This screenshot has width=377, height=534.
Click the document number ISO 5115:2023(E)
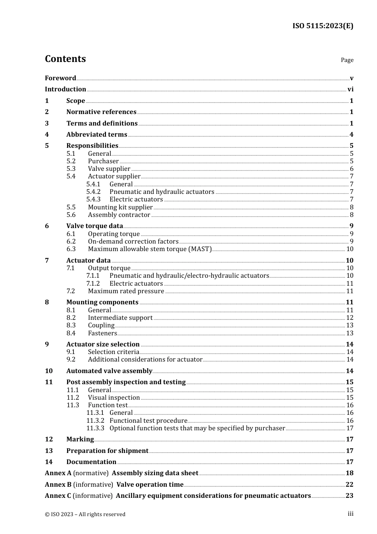click(323, 26)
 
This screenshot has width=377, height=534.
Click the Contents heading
click(65, 59)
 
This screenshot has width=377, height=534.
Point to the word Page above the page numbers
click(347, 60)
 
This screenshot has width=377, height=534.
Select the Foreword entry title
click(60, 78)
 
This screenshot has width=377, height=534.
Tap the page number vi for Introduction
click(350, 89)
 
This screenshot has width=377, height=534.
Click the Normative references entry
click(101, 112)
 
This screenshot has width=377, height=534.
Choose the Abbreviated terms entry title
click(96, 135)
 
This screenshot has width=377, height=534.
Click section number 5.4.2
click(93, 192)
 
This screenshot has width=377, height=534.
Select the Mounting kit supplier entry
click(120, 207)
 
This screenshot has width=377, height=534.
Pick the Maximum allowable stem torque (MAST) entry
click(150, 249)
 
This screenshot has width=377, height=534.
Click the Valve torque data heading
click(94, 226)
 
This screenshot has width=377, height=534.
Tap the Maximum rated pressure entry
click(126, 291)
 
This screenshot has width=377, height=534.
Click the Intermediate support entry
click(120, 318)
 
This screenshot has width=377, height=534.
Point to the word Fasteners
click(102, 333)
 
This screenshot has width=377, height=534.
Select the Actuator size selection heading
click(103, 344)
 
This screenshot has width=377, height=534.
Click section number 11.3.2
click(95, 421)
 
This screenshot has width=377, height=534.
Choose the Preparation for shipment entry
click(107, 451)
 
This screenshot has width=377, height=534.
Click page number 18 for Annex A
click(349, 473)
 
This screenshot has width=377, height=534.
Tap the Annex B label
click(58, 485)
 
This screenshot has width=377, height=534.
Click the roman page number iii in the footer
click(350, 514)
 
